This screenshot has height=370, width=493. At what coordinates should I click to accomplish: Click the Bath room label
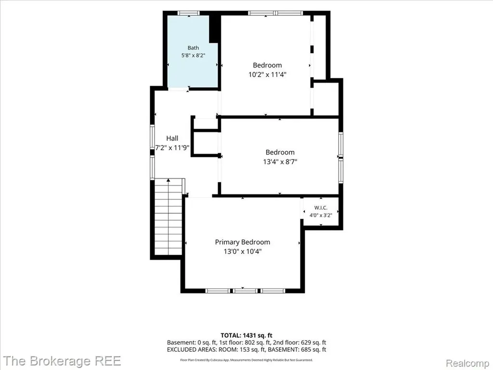(x=193, y=48)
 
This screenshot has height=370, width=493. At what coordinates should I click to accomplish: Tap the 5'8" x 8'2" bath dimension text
(x=193, y=55)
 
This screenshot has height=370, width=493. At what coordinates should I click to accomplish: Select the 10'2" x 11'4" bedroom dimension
(x=267, y=75)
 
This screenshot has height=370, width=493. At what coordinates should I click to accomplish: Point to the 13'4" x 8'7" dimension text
(x=280, y=162)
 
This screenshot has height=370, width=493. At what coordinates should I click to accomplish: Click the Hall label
(x=172, y=138)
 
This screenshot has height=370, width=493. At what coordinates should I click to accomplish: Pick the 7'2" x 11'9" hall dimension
(x=172, y=147)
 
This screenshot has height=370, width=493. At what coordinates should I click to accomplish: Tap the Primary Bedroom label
(x=243, y=242)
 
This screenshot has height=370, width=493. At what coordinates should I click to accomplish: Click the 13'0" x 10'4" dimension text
(x=243, y=251)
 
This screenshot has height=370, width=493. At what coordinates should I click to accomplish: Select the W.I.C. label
(x=321, y=208)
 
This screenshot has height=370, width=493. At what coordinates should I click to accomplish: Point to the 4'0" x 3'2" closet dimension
(x=321, y=215)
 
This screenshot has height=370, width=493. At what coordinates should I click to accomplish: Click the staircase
(x=169, y=217)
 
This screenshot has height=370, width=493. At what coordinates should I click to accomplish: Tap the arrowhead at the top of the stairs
(x=169, y=180)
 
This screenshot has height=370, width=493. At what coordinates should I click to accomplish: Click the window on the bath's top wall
(x=188, y=13)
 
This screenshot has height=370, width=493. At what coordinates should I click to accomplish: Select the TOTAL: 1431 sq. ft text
(x=246, y=335)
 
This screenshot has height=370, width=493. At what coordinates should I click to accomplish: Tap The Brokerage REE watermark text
(x=62, y=361)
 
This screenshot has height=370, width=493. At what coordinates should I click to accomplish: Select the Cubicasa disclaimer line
(x=246, y=360)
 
